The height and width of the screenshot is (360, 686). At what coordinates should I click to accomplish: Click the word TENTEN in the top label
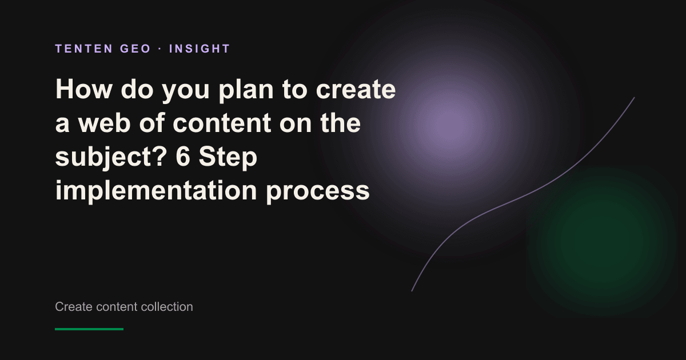coord(84,49)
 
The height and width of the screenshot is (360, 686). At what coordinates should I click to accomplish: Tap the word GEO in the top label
coord(135,49)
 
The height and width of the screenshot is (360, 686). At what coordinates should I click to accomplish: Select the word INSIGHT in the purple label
coord(200,49)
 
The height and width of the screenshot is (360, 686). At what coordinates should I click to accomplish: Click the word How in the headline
coord(83,89)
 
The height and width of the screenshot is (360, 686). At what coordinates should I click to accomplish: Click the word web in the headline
coord(105,123)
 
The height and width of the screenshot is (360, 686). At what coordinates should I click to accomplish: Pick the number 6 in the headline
coord(183,157)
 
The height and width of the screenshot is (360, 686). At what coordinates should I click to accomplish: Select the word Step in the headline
coord(228,157)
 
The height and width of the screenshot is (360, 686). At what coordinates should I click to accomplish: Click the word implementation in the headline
coord(156,190)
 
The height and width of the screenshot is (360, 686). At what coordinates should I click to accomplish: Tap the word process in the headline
coord(318,191)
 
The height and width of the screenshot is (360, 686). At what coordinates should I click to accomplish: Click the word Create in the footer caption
coord(74,307)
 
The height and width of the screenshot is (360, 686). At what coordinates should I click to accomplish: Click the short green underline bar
coord(89,329)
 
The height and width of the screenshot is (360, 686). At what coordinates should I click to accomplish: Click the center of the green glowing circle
coord(602,242)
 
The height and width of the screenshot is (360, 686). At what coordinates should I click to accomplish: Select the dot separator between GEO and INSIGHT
coord(160,49)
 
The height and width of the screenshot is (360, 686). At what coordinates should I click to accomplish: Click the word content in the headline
coord(222,123)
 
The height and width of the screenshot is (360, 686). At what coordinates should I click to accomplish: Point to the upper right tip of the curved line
coord(634,98)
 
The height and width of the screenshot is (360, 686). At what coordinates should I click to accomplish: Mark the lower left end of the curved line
coord(412,291)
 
